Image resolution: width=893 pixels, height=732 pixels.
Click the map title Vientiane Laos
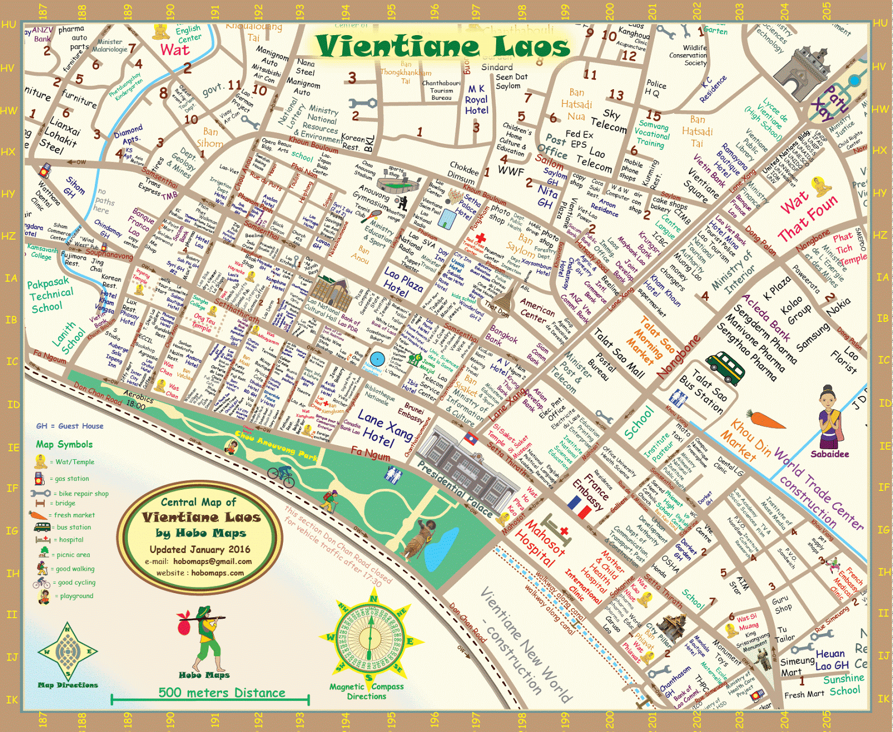[x=443, y=46]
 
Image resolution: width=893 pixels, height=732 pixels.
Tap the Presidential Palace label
[x=455, y=489]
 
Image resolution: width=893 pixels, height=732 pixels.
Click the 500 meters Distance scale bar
[x=210, y=697]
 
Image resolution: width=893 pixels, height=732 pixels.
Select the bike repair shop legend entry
[x=70, y=494]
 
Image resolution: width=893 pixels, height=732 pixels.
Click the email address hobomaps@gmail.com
[x=212, y=561]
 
